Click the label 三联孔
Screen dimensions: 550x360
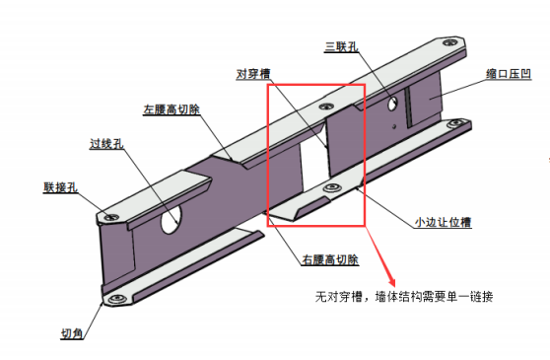[342, 46]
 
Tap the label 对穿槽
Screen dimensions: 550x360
[253, 74]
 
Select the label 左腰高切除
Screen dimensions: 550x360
[172, 109]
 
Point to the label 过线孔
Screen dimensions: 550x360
[106, 144]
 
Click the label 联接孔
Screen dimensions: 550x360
[60, 187]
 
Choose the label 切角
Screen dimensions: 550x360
[72, 333]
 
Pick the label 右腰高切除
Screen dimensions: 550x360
[330, 259]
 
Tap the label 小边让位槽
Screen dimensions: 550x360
[443, 222]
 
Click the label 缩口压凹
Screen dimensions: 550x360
[509, 74]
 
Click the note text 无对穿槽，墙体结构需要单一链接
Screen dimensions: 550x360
[404, 297]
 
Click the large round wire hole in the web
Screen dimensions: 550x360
[172, 219]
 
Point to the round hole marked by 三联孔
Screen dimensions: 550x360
[392, 104]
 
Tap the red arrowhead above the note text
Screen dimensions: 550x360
[392, 282]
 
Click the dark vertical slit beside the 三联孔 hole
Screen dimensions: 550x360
[408, 108]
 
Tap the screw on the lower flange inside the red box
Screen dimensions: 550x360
[332, 187]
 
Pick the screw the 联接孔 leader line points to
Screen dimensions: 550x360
[111, 218]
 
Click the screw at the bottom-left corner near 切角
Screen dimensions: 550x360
[116, 299]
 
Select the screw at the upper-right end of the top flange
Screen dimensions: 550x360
[449, 42]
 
